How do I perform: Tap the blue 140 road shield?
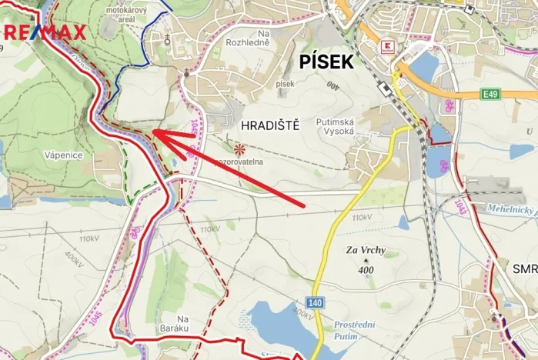click(x=314, y=303)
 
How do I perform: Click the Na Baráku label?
click(x=182, y=324)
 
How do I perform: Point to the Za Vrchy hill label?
click(x=365, y=251)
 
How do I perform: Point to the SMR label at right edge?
click(x=525, y=270)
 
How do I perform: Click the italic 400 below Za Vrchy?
click(x=365, y=270)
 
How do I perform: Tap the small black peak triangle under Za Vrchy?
click(x=361, y=261)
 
